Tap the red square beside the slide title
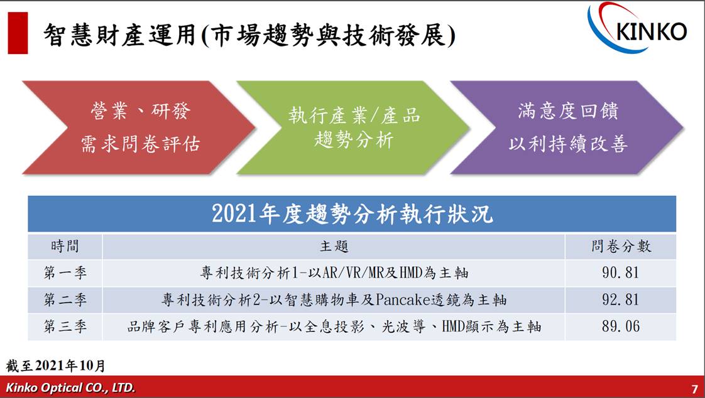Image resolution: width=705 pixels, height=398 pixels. (x=18, y=33)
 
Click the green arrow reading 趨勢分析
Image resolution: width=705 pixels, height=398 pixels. (x=353, y=127)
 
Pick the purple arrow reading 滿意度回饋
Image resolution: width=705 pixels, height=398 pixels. (x=567, y=127)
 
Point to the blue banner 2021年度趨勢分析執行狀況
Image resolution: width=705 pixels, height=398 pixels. (x=352, y=214)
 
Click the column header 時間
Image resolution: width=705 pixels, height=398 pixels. (x=65, y=246)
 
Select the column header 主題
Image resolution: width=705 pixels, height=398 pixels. (x=334, y=246)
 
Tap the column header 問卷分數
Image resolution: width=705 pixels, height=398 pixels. (x=621, y=246)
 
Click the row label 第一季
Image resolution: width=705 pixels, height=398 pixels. (x=65, y=273)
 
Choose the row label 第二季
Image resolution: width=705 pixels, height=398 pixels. (x=65, y=299)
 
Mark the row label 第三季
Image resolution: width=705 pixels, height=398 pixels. (x=65, y=326)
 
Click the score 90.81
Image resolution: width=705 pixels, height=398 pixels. (x=621, y=272)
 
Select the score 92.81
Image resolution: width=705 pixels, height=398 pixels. (x=621, y=299)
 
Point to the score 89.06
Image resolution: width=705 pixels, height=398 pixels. (x=621, y=326)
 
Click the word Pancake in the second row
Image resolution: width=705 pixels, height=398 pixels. (x=403, y=299)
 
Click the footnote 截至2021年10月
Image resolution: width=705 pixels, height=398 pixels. (x=56, y=365)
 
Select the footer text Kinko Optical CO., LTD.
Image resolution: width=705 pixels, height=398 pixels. (x=70, y=388)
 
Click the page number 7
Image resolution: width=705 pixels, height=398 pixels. (x=695, y=389)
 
